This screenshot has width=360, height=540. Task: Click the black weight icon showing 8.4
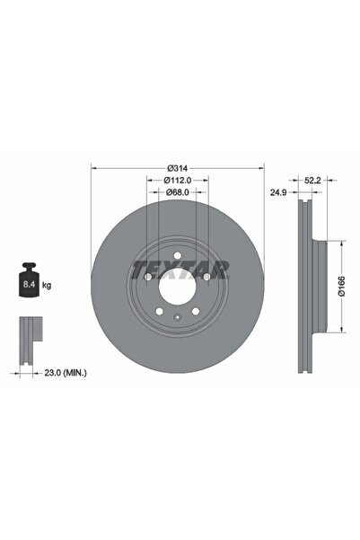pyautogui.click(x=28, y=285)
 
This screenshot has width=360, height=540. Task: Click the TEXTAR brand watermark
pyautogui.click(x=180, y=268)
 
